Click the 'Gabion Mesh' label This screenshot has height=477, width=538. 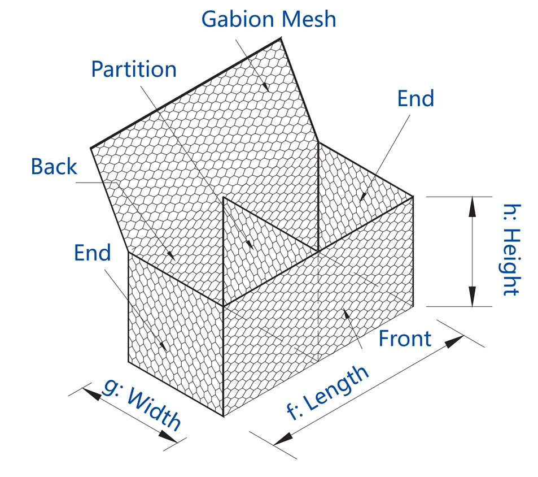269,19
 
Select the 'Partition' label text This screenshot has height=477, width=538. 134,69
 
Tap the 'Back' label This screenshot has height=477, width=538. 54,167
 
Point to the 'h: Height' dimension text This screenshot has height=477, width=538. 510,250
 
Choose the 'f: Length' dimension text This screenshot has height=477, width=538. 328,392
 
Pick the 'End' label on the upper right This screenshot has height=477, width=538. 415,98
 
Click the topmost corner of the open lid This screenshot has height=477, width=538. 281,38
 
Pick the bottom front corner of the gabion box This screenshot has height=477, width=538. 224,417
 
